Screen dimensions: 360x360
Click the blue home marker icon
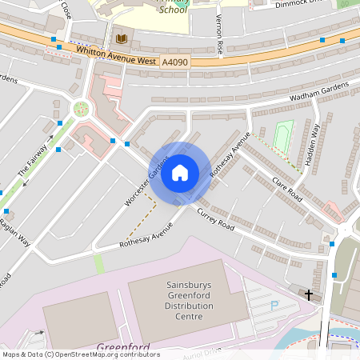(x=180, y=172)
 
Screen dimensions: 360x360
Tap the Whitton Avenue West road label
(x=117, y=54)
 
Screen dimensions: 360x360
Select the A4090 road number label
(x=175, y=61)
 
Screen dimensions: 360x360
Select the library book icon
(x=122, y=39)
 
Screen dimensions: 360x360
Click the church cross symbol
(x=309, y=295)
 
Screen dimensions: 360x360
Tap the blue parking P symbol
(x=274, y=305)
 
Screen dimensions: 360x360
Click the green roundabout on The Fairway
(x=81, y=109)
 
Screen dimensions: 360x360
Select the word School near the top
(x=173, y=10)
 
